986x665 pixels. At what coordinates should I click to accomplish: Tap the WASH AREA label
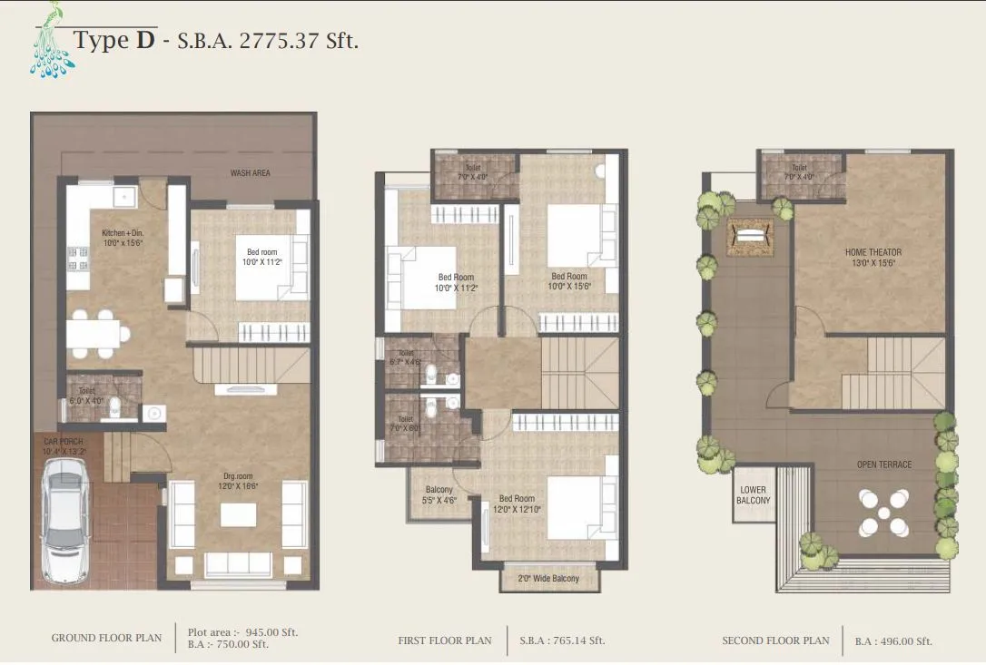pyautogui.click(x=250, y=173)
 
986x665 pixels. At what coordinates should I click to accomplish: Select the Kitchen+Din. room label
pyautogui.click(x=123, y=238)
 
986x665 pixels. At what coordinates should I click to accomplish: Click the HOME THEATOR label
pyautogui.click(x=873, y=257)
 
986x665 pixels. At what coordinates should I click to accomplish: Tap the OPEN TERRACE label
pyautogui.click(x=883, y=465)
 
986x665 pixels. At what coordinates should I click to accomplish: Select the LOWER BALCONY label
pyautogui.click(x=754, y=495)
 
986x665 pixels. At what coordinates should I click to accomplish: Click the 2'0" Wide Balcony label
pyautogui.click(x=548, y=579)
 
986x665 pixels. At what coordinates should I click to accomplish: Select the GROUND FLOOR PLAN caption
pyautogui.click(x=106, y=639)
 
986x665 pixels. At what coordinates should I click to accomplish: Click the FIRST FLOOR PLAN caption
pyautogui.click(x=445, y=641)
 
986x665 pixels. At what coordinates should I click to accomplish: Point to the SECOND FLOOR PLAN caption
pyautogui.click(x=775, y=641)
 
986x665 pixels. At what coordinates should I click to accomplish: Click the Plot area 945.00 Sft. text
pyautogui.click(x=242, y=632)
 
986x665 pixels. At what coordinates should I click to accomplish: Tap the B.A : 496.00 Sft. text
pyautogui.click(x=893, y=641)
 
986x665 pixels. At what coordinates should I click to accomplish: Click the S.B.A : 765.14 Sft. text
pyautogui.click(x=562, y=641)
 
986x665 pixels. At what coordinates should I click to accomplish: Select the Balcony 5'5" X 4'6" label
pyautogui.click(x=439, y=494)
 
